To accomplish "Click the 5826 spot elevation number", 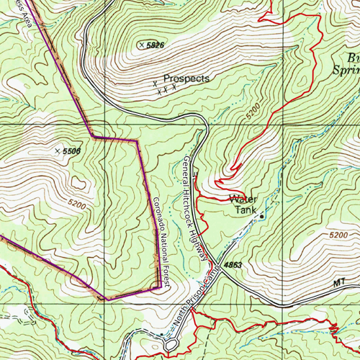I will tap(156, 45).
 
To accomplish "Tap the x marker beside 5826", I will tap(141, 45).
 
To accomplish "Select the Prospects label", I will tap(186, 78).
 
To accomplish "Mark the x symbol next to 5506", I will tap(58, 151).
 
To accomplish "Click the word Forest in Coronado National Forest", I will tap(166, 276).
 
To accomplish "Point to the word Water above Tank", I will tap(242, 199).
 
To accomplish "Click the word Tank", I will tap(246, 211).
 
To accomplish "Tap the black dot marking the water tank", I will tap(261, 215).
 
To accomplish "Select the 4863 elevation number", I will tap(233, 266).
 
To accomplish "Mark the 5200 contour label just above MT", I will tap(336, 235).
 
